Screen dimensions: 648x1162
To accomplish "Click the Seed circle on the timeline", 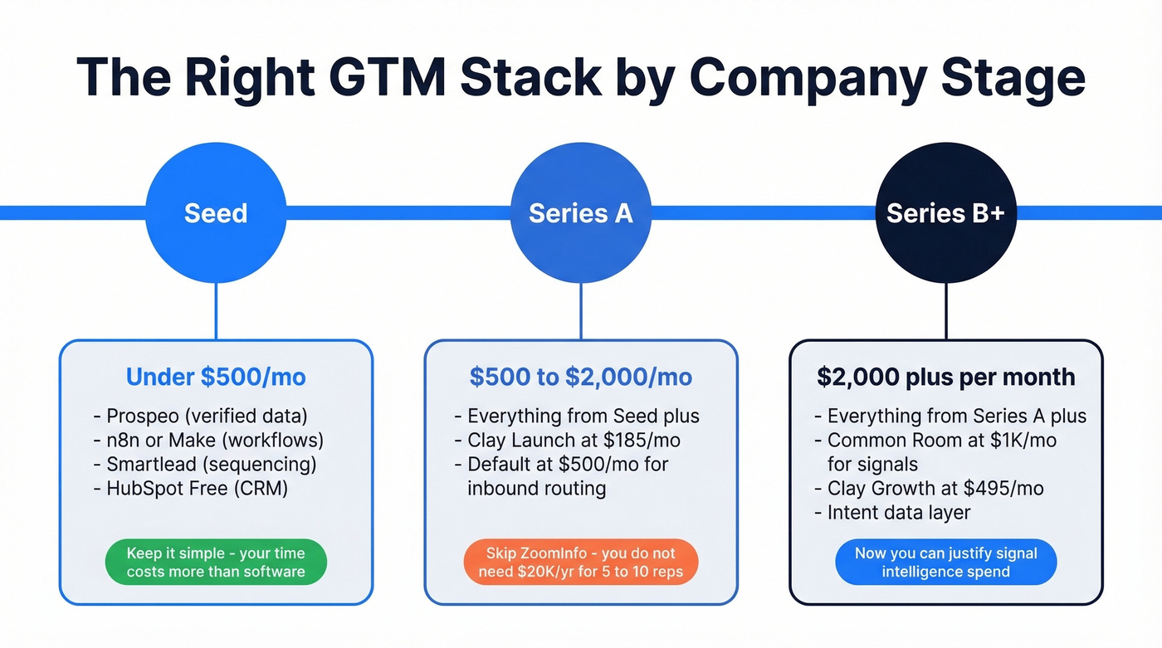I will [216, 213].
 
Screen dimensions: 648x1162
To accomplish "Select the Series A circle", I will [580, 213].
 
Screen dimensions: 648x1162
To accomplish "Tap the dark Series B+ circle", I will [945, 213].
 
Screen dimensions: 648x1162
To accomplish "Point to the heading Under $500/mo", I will [216, 378].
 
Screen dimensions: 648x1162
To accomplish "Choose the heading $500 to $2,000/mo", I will [580, 378].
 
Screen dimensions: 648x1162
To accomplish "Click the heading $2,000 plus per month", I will [945, 378].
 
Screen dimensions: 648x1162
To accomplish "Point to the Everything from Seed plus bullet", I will [576, 416].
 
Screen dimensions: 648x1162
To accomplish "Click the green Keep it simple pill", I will [216, 563].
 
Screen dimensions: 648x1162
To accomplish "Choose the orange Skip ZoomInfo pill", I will [580, 563].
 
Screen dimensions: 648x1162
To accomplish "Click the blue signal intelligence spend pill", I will [945, 563].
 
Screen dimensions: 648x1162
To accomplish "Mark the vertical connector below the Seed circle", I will [216, 311].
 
